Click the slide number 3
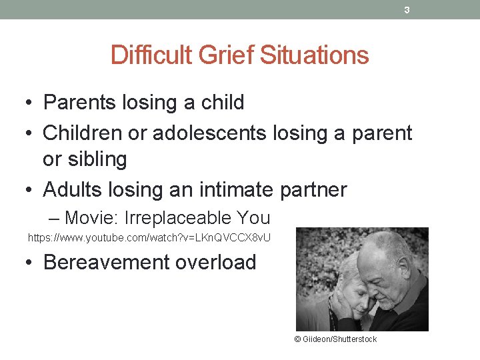407,10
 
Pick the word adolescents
210,133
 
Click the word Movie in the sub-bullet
88,218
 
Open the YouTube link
149,237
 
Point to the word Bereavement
107,262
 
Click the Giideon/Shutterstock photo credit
335,339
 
